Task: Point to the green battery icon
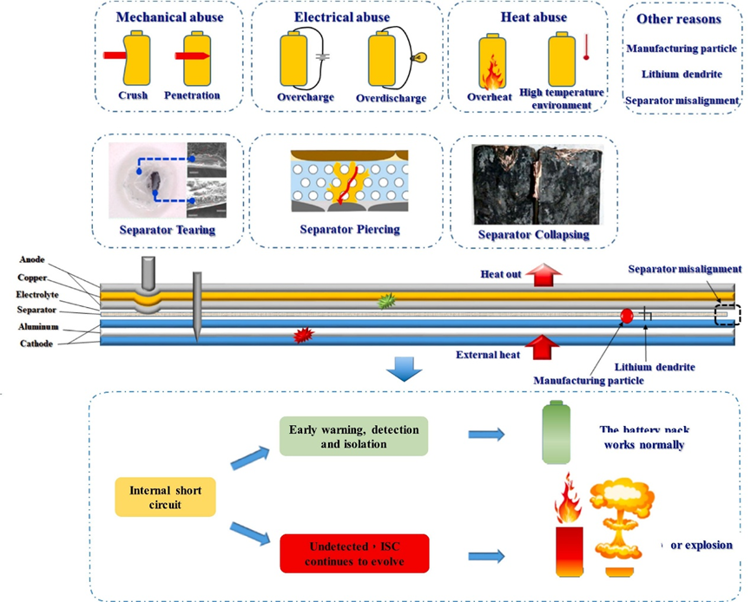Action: [x=557, y=433]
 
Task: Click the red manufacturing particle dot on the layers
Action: [x=625, y=317]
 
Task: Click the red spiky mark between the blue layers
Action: [x=304, y=333]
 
